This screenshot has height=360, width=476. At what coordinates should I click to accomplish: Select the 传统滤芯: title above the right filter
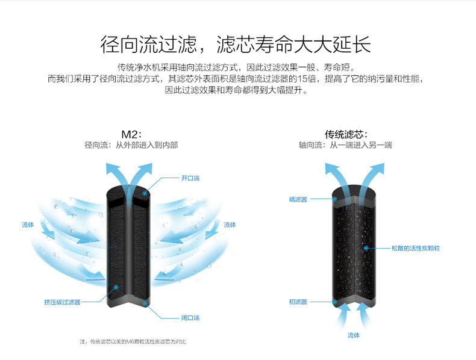click(x=346, y=134)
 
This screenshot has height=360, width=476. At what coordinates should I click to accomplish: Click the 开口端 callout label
click(x=190, y=178)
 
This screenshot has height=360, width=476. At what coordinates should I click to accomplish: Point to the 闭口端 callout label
click(x=190, y=317)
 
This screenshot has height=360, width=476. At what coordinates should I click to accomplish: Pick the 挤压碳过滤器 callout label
click(x=62, y=302)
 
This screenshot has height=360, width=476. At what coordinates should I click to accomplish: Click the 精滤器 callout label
click(x=298, y=199)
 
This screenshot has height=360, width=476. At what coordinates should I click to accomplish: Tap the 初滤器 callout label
click(x=298, y=302)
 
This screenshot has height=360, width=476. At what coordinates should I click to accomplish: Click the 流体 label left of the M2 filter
click(x=28, y=225)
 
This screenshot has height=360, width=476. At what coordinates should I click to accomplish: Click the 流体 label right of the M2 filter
click(x=230, y=225)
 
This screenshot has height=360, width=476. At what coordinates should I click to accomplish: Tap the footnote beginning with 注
click(x=133, y=342)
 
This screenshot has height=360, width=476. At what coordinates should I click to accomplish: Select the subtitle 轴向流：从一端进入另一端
click(x=346, y=145)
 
